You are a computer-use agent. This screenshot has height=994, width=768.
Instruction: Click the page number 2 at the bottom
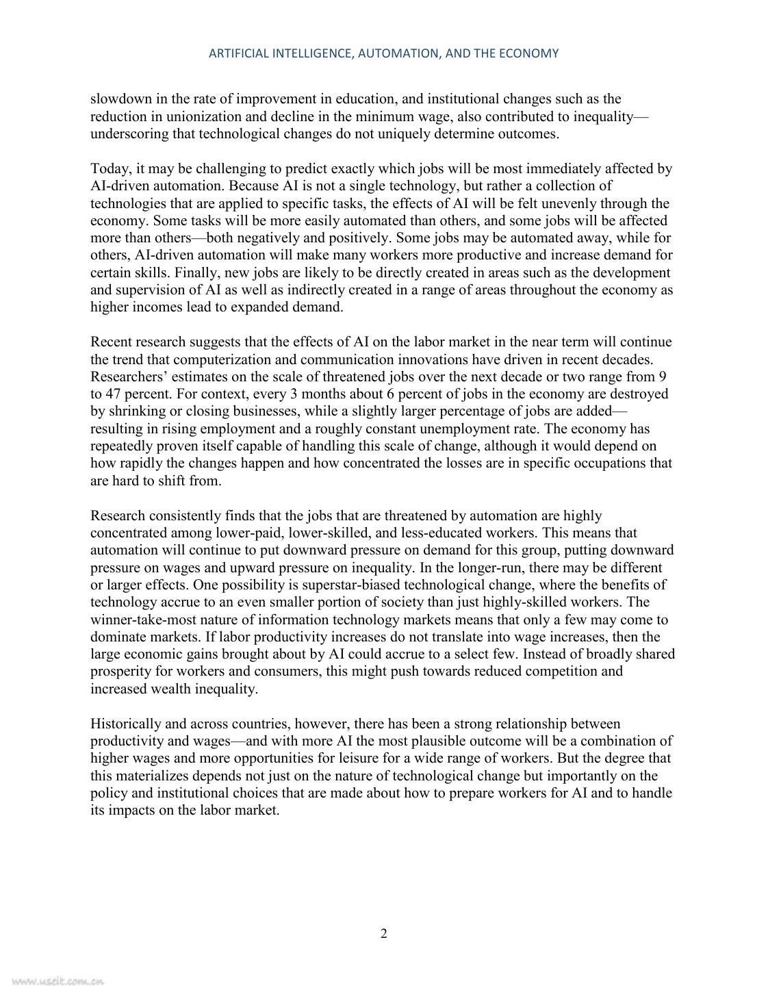(x=384, y=934)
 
